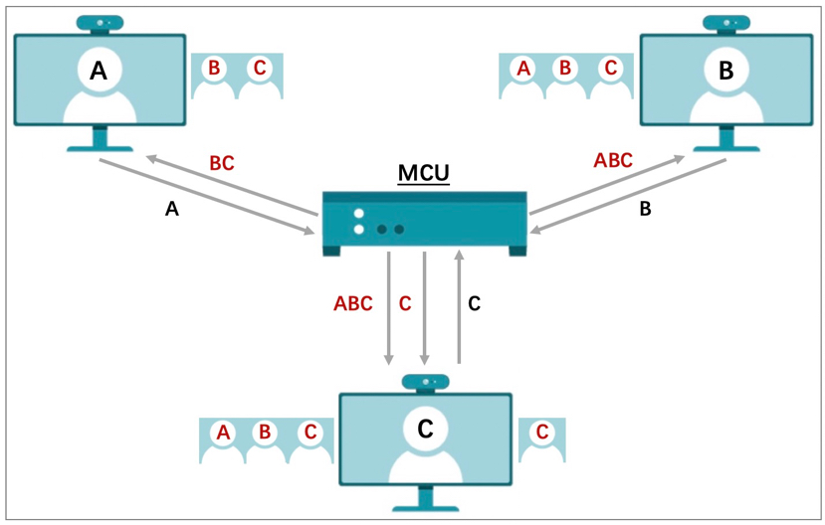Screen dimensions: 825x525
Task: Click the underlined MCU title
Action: (424, 173)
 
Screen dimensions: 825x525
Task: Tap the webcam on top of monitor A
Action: (100, 24)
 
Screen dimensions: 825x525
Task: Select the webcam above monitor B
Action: (726, 24)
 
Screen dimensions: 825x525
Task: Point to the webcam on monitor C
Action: (425, 383)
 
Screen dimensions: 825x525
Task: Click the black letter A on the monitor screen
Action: (99, 71)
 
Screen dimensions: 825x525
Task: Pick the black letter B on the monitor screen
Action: (726, 71)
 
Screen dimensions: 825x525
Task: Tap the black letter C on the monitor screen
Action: (425, 430)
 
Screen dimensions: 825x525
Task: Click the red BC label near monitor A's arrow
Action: (222, 163)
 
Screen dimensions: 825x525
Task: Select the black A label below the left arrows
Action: (172, 209)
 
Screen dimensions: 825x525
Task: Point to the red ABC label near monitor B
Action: (613, 160)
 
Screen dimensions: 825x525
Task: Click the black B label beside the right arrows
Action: (645, 209)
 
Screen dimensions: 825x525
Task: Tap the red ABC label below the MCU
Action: (353, 303)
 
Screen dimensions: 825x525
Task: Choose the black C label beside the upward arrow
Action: (474, 303)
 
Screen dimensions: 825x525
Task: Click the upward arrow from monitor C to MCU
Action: (460, 307)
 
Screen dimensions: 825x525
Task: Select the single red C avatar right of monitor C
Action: (542, 440)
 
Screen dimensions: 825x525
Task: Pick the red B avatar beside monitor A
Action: (214, 76)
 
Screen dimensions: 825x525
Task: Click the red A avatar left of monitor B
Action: (523, 76)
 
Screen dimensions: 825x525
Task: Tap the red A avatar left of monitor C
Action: (223, 440)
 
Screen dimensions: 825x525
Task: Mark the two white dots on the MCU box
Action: (359, 222)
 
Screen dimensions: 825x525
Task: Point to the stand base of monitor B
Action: (726, 149)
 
